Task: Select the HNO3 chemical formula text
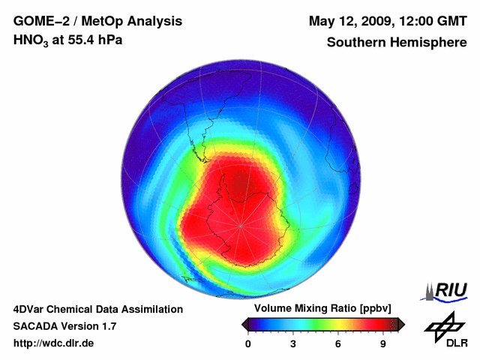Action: click(x=31, y=41)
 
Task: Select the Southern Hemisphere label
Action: click(x=397, y=42)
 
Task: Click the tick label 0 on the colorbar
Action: click(x=248, y=344)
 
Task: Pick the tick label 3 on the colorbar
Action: click(x=293, y=344)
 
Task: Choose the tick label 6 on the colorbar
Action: click(x=338, y=344)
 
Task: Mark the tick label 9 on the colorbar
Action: click(x=382, y=344)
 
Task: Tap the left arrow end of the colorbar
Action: click(x=244, y=324)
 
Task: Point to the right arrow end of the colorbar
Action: click(x=401, y=324)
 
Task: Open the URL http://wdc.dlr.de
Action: click(x=54, y=344)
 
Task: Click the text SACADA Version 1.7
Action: click(x=64, y=326)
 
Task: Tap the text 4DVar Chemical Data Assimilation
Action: click(x=97, y=309)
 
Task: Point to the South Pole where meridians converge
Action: click(x=241, y=224)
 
